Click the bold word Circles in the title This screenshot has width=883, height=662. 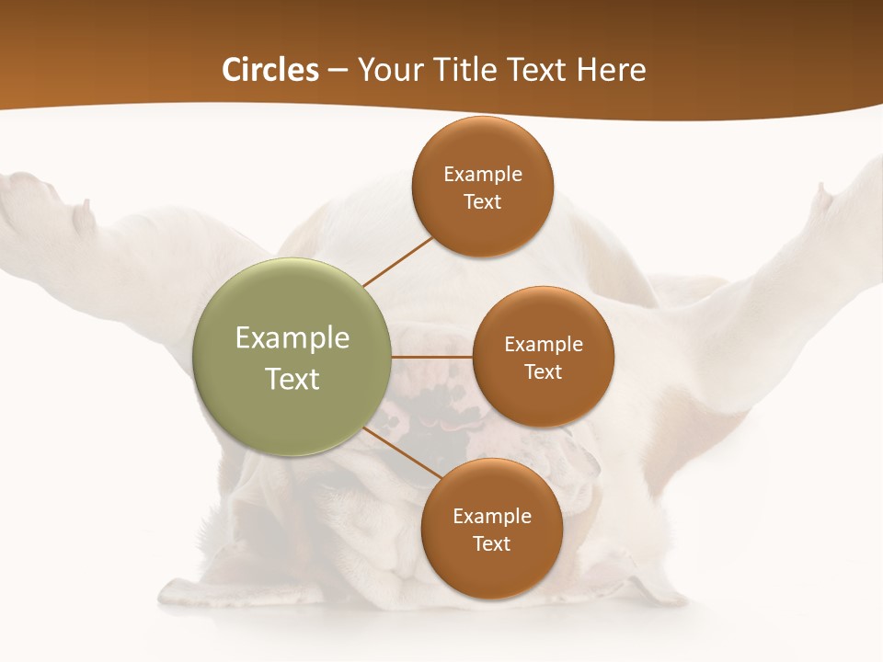click(270, 70)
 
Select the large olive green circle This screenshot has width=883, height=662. click(292, 357)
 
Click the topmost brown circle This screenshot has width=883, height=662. click(483, 187)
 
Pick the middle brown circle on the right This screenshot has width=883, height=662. click(543, 357)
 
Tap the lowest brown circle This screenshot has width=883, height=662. click(491, 529)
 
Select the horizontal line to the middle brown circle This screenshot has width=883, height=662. click(431, 356)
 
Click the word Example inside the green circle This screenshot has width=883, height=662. click(292, 338)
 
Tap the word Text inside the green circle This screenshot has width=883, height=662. click(292, 379)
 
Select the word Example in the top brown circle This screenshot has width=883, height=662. click(483, 175)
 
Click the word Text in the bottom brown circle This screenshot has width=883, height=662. click(491, 543)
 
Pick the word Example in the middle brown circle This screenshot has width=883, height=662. click(543, 345)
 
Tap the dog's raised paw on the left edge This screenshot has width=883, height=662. click(37, 202)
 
